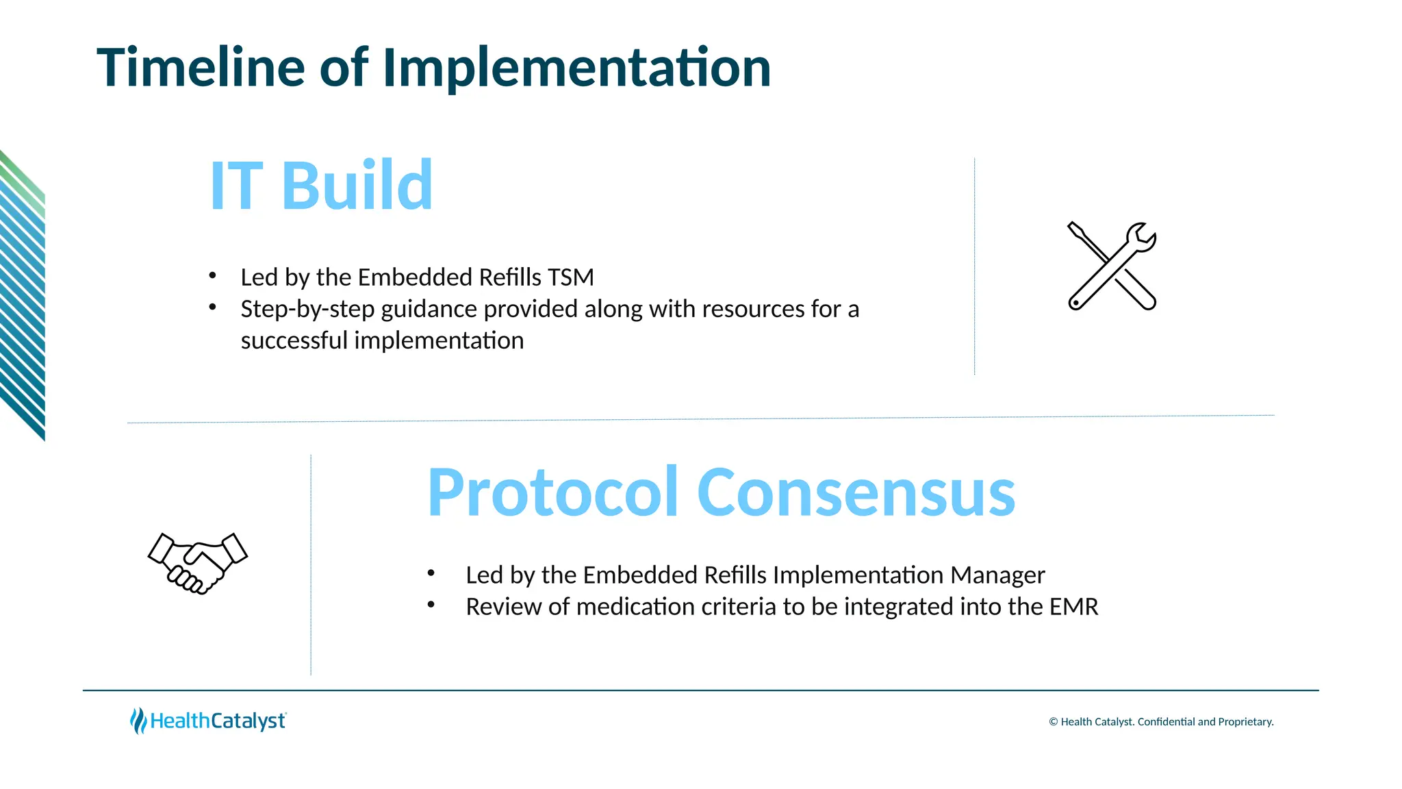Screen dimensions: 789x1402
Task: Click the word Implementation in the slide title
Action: click(576, 67)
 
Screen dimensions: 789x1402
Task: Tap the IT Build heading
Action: click(321, 185)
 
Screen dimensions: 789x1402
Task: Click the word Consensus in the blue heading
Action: click(856, 492)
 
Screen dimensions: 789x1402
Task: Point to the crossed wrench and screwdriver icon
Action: click(1112, 266)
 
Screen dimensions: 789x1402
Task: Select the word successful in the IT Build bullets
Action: click(294, 340)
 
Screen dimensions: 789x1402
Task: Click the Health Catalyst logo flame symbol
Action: click(138, 721)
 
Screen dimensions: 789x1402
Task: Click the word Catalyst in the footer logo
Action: click(248, 721)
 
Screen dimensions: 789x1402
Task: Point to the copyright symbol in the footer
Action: click(1053, 722)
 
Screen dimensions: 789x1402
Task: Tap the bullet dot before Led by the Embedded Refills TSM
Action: click(213, 275)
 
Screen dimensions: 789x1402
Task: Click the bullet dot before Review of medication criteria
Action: click(431, 604)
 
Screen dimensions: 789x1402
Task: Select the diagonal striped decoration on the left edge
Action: click(22, 295)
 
